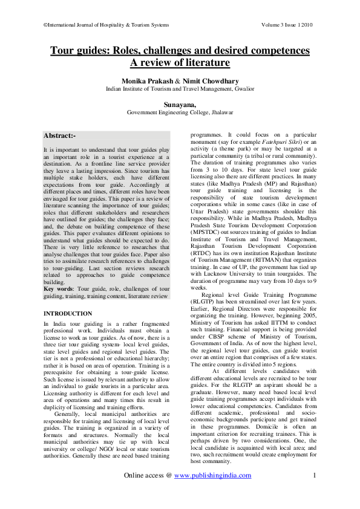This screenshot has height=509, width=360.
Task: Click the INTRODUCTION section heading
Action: pyautogui.click(x=68, y=314)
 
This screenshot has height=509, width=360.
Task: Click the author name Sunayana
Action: pyautogui.click(x=179, y=104)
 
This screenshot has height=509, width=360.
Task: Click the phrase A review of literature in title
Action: pyautogui.click(x=180, y=62)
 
